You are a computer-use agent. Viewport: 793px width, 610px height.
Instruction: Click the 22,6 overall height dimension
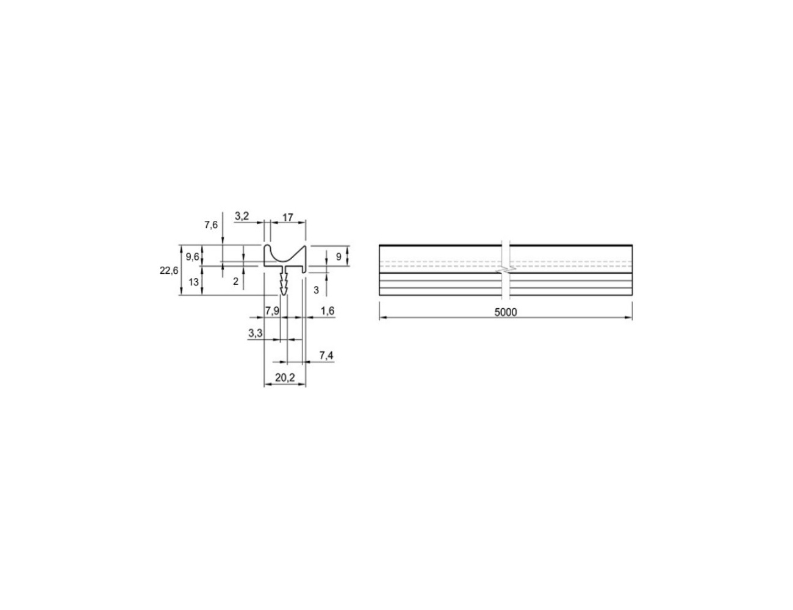tap(169, 271)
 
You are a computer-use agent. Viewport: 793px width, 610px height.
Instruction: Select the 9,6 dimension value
tap(193, 257)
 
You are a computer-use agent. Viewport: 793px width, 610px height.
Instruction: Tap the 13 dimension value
tap(193, 282)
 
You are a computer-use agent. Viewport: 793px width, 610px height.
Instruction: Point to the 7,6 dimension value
tap(211, 225)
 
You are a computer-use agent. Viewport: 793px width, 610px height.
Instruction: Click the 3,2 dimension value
tap(242, 216)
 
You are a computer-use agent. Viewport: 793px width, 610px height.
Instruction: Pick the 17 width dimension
tap(287, 217)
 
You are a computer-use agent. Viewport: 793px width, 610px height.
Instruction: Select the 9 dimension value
tap(339, 257)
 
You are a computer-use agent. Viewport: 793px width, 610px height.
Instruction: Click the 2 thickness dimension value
tap(235, 281)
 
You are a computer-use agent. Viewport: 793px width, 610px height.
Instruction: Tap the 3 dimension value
tap(316, 290)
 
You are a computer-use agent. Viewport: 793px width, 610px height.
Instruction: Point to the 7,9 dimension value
tap(272, 311)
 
